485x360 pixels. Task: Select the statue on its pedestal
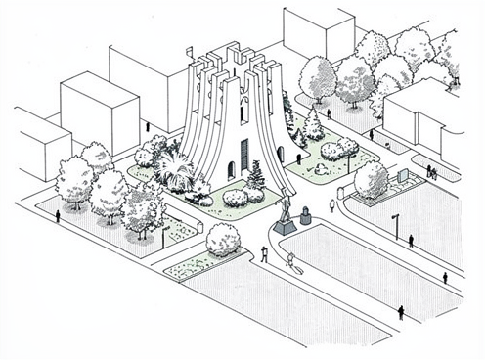tap(284, 213)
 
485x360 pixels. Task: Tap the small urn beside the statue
tap(305, 212)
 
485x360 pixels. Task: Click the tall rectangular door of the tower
tap(244, 155)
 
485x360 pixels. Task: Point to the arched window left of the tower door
tap(232, 168)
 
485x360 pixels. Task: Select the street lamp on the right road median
tap(395, 224)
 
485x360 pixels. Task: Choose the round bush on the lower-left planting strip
tap(222, 240)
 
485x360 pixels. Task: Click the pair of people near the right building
tap(430, 172)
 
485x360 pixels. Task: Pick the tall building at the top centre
tap(318, 29)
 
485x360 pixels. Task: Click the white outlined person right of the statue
tap(331, 204)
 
